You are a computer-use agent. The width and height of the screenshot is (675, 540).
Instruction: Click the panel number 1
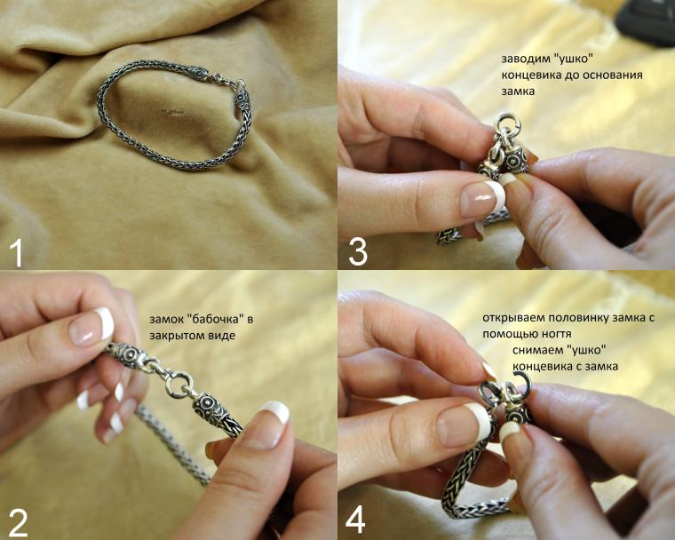click(15, 252)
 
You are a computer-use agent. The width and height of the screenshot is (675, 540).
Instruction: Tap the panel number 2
click(18, 523)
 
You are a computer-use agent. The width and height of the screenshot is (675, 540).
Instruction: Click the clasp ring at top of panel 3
click(508, 122)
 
